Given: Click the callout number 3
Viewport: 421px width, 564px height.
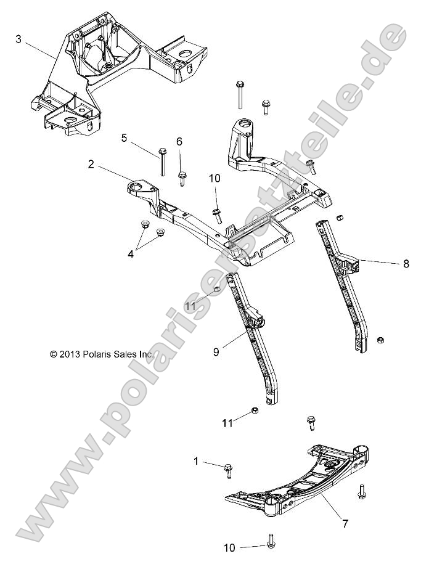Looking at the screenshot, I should point(18,39).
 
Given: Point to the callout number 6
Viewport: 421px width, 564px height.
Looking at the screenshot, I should point(179,142).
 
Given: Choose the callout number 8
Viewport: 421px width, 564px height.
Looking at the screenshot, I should point(406,263).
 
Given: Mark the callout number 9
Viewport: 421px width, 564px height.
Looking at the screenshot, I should point(199,352).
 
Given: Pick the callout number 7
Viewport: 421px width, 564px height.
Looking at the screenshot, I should point(345,524).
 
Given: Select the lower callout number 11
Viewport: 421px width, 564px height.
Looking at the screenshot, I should point(227,423).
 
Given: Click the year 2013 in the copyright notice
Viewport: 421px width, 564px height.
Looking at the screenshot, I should point(72,354).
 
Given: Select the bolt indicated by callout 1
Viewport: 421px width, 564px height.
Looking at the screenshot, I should point(226,471).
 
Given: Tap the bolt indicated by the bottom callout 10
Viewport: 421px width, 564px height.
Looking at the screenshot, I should point(271,542).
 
